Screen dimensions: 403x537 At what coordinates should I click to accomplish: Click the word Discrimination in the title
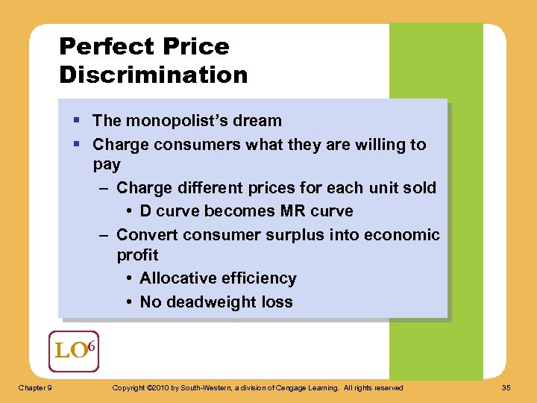coord(153,75)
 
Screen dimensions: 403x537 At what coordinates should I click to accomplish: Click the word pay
coord(107,163)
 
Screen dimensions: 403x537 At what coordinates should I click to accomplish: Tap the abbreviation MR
coord(282,211)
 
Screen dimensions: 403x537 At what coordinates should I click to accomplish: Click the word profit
coord(137,255)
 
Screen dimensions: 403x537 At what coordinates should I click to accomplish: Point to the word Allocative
coord(180,278)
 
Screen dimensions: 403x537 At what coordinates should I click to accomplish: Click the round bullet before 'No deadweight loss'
coord(130,302)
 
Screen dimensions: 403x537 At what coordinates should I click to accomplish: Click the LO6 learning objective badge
coord(74,351)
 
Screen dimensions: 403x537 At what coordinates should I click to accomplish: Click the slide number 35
coord(506,387)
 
